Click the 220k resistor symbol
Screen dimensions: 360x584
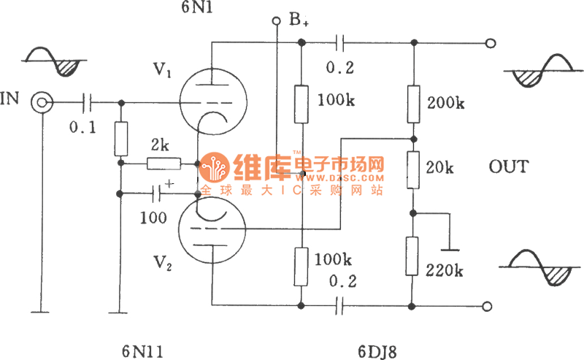click(x=412, y=255)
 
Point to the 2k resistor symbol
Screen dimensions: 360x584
click(x=161, y=164)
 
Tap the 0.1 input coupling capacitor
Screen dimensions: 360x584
click(x=89, y=102)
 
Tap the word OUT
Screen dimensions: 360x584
click(x=509, y=167)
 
